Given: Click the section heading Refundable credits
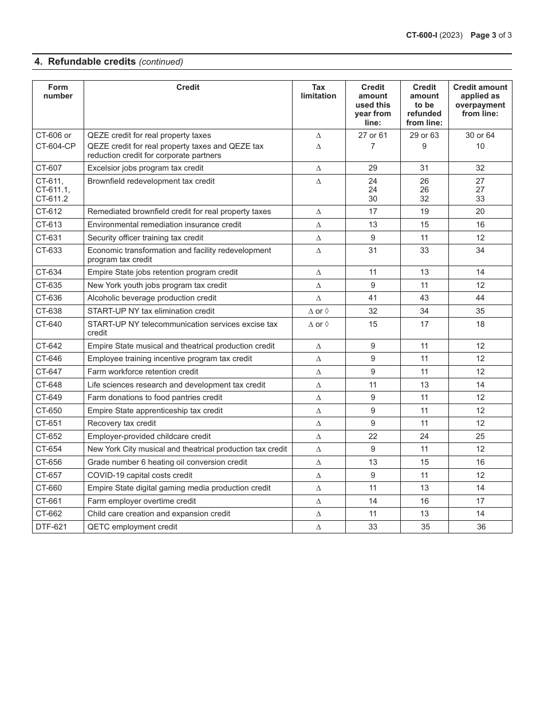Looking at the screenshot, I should (x=92, y=62).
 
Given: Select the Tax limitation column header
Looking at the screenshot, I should (x=318, y=92).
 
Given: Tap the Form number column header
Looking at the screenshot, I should (x=58, y=92).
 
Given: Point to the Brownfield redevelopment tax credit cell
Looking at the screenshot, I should (x=151, y=181).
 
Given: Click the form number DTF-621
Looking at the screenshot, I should (x=51, y=527).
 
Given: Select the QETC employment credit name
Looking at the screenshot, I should (x=132, y=527).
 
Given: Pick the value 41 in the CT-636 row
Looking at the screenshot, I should (x=373, y=298).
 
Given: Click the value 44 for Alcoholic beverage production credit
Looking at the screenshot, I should (x=480, y=298).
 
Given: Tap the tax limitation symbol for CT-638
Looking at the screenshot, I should (x=318, y=311).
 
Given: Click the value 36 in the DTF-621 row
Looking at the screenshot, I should (x=481, y=527).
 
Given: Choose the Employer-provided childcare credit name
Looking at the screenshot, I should (x=149, y=436).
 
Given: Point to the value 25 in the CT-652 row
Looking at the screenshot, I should (x=480, y=436).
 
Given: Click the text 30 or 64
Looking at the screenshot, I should (x=480, y=136).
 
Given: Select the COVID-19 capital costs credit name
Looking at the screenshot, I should (x=140, y=475).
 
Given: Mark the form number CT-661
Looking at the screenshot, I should (x=49, y=501).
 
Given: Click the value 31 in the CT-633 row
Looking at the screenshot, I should (x=373, y=251).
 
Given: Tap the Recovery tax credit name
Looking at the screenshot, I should (x=121, y=424).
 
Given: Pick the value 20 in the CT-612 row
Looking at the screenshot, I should (x=480, y=212).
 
